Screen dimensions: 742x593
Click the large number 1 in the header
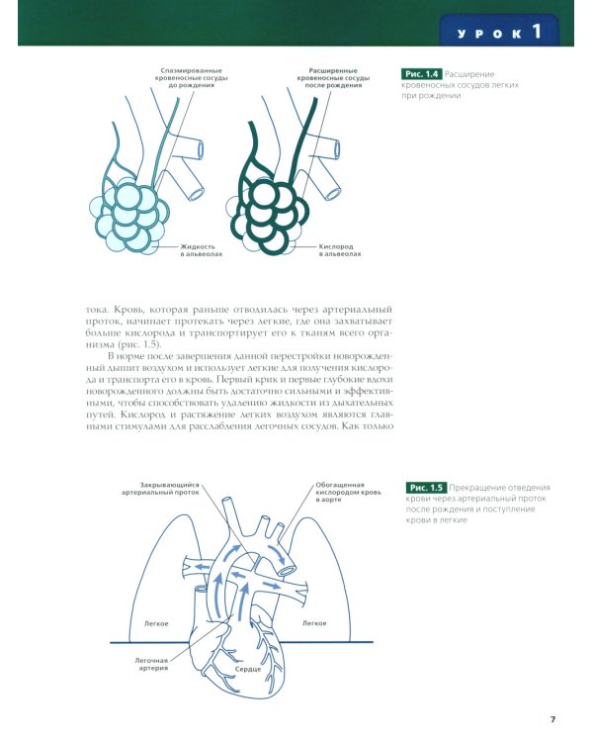537,31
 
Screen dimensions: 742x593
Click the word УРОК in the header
491,34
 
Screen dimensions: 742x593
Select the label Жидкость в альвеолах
202,250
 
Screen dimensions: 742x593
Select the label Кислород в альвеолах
339,250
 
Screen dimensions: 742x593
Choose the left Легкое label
155,623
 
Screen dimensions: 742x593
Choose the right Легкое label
314,623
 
